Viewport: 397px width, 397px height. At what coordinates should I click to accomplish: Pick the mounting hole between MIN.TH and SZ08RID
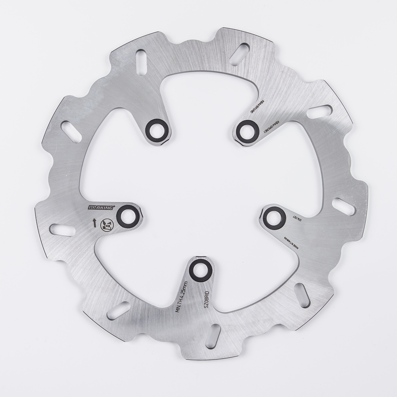click(x=201, y=269)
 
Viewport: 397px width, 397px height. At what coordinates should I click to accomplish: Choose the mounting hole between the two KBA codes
click(x=245, y=131)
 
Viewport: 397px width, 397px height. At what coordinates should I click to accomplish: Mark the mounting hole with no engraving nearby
click(x=157, y=131)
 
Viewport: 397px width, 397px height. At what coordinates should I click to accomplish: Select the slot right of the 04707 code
click(x=343, y=206)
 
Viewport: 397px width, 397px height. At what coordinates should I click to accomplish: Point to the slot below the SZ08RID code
click(x=213, y=336)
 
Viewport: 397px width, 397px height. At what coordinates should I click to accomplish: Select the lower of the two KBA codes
click(x=273, y=128)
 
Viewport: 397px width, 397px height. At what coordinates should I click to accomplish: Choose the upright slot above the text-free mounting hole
click(x=141, y=62)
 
